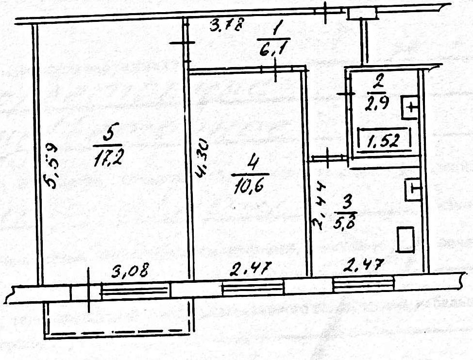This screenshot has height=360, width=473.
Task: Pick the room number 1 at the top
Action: coord(276,30)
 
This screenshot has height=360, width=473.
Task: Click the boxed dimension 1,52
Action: coord(384,141)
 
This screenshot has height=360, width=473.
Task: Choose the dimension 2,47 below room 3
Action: coord(363,266)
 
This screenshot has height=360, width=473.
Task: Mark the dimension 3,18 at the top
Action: coord(226,25)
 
